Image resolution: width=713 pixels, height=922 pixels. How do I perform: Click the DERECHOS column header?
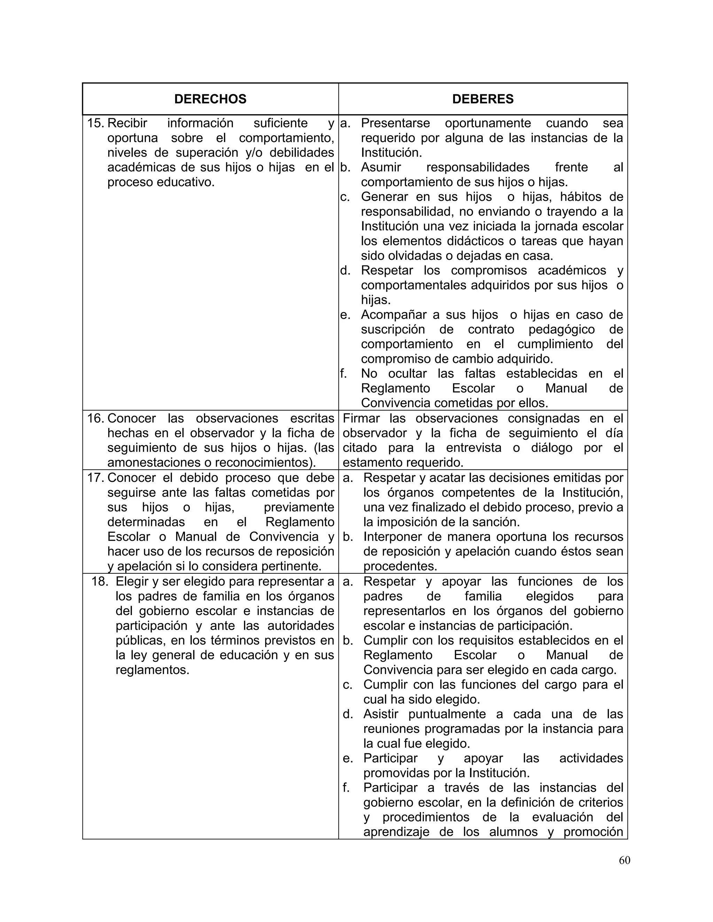210,99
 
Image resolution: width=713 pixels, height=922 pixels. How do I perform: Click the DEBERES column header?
483,99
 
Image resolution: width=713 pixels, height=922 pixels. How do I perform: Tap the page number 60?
624,860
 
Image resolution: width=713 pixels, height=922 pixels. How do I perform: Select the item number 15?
95,123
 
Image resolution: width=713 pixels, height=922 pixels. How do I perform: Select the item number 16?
95,418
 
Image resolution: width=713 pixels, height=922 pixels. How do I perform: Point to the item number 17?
95,478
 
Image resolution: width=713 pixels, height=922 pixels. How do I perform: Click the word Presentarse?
395,123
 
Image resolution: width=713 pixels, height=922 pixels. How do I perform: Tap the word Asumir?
381,167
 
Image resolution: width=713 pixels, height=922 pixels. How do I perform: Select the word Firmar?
362,418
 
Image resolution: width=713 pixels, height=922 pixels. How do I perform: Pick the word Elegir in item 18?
132,581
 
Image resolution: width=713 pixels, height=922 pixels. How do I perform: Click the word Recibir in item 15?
127,123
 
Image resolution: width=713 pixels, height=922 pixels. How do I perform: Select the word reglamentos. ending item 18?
152,669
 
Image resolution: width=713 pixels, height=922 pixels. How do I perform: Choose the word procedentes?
400,566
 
